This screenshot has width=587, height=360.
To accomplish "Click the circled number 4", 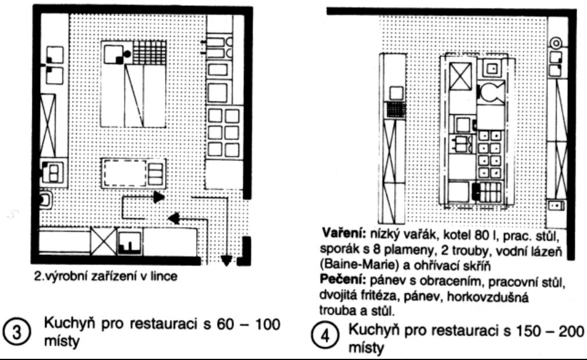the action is [x=325, y=336].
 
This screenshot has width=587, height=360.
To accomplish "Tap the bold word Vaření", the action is [x=344, y=234].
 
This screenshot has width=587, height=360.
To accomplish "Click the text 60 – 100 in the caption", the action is [x=248, y=324].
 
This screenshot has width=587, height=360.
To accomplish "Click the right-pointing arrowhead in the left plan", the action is [x=160, y=197].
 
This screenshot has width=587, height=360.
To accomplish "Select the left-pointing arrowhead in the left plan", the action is [x=174, y=218].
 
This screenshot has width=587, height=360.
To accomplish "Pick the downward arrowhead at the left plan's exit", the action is [x=226, y=260].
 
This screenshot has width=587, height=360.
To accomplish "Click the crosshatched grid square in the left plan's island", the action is [x=150, y=52].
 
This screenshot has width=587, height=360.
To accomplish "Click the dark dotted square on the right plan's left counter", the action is [x=397, y=110].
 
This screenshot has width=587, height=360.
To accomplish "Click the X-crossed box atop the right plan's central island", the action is [x=460, y=76].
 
